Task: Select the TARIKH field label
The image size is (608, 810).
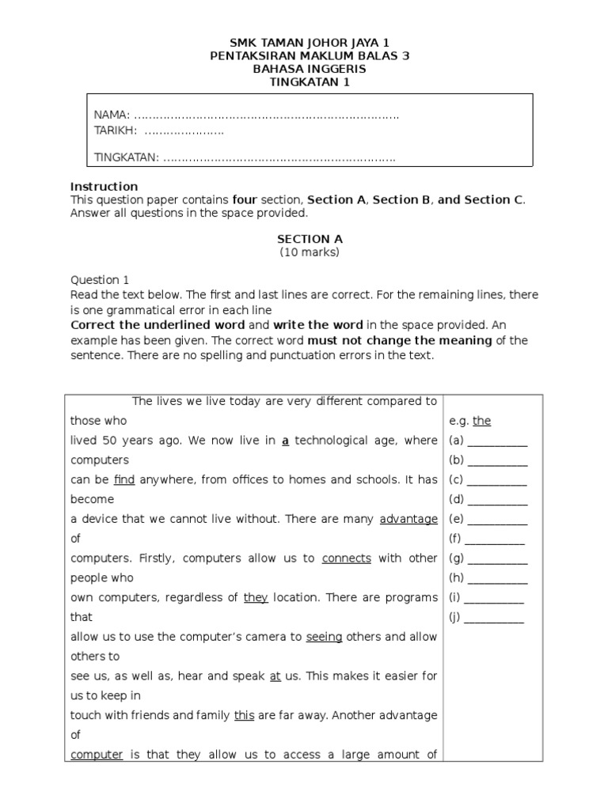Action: pyautogui.click(x=116, y=130)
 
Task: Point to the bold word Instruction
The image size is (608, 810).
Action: pyautogui.click(x=104, y=187)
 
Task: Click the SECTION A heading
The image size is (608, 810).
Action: pyautogui.click(x=310, y=239)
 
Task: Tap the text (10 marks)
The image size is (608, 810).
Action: pyautogui.click(x=310, y=252)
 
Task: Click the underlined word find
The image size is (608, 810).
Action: pyautogui.click(x=124, y=479)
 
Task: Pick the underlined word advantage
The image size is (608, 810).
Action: pyautogui.click(x=408, y=519)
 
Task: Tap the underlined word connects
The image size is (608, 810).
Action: pyautogui.click(x=346, y=558)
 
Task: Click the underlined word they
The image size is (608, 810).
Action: pyautogui.click(x=256, y=597)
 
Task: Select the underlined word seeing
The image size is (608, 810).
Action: pyautogui.click(x=324, y=637)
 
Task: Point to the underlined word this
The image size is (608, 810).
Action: pyautogui.click(x=244, y=715)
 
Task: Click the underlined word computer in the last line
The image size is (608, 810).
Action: pyautogui.click(x=97, y=755)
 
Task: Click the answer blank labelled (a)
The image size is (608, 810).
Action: pyautogui.click(x=497, y=441)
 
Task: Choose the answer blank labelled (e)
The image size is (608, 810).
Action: pyautogui.click(x=497, y=520)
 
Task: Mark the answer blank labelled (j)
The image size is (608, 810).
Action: pyautogui.click(x=494, y=619)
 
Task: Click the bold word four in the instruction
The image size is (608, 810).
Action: pyautogui.click(x=245, y=200)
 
